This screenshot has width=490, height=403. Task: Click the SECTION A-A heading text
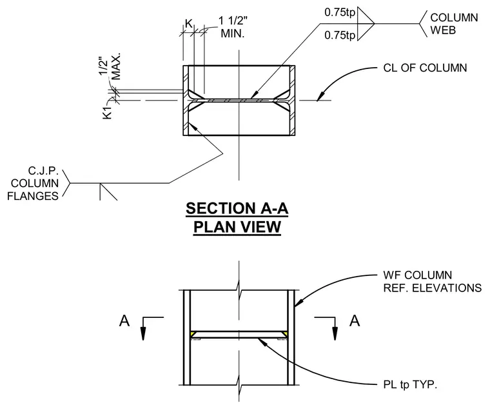coord(237,208)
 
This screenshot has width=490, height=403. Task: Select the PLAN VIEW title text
coord(237,227)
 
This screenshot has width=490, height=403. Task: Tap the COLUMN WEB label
coord(454,24)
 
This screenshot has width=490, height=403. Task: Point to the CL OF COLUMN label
coord(425,68)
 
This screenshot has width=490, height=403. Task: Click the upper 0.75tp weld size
coord(340,12)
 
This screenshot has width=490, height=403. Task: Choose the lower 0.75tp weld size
coord(340,35)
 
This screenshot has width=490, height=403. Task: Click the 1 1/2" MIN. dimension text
coord(233,27)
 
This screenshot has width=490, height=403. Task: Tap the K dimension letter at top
coord(188,23)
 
